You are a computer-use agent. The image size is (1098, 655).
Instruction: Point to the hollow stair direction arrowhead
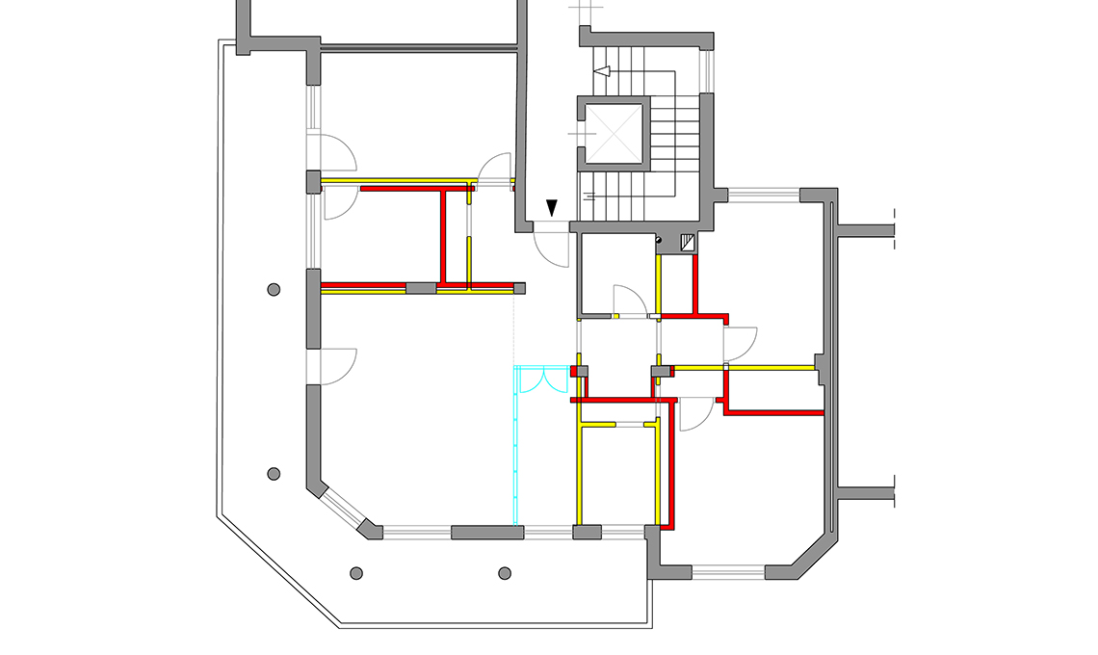(604, 71)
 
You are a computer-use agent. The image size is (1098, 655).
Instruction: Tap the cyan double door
(542, 380)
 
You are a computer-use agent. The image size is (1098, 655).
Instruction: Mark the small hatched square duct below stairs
(688, 244)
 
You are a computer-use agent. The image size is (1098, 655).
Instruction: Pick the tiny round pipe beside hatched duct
(659, 240)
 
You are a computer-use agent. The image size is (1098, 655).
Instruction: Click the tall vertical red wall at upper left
(444, 237)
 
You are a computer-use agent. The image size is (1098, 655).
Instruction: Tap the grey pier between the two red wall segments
(420, 288)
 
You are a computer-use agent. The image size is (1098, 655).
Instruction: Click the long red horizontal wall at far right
(773, 412)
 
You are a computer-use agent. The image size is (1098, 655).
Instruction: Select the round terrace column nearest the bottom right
(504, 573)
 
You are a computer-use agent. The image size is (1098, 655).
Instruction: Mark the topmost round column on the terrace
(274, 289)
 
